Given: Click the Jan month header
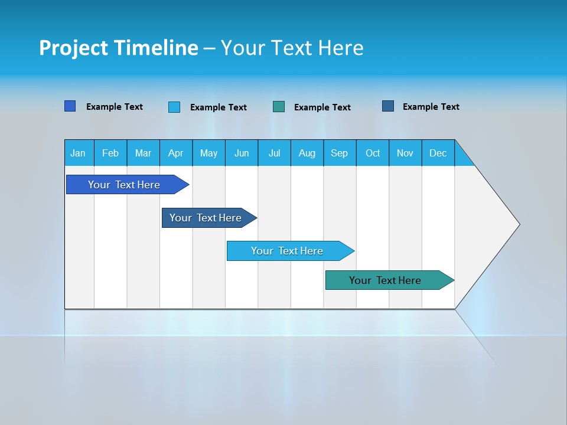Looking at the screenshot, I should click(79, 153).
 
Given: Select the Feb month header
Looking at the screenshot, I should click(110, 153).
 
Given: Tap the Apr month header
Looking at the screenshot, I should click(176, 153).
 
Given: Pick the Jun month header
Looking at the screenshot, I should click(242, 153).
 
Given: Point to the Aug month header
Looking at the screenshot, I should click(307, 153).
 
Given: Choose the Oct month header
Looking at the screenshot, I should click(373, 153).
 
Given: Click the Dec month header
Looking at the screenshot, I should click(438, 153).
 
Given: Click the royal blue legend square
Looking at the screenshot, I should click(70, 106).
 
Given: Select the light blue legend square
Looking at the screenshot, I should click(174, 107).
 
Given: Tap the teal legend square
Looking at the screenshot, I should click(279, 107).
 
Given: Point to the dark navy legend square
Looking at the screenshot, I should click(388, 106).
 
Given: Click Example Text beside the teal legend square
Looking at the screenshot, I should click(322, 107).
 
